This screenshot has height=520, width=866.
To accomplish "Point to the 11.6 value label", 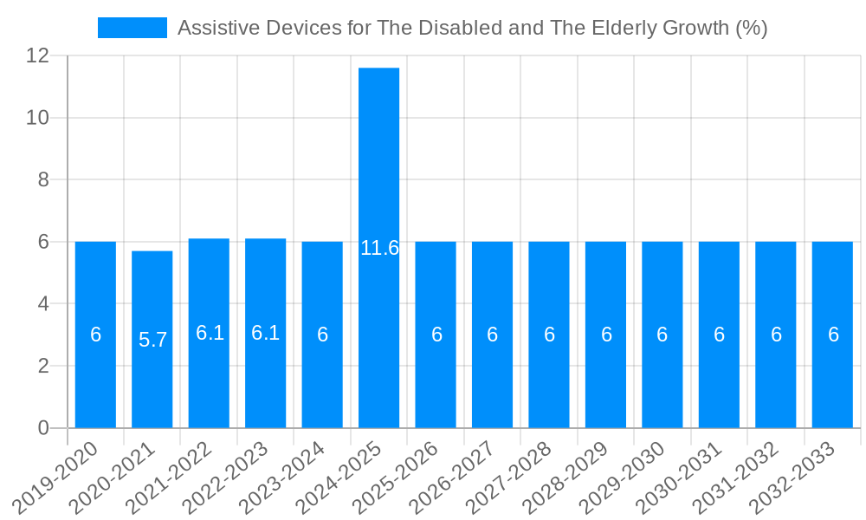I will [x=379, y=248].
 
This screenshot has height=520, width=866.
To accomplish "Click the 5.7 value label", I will [x=152, y=340].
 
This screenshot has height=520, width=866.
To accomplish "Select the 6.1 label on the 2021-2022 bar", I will [x=210, y=333].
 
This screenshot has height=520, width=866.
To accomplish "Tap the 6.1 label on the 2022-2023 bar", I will [x=265, y=333].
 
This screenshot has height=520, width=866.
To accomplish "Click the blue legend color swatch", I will [x=132, y=28].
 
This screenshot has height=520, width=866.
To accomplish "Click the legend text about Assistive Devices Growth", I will [x=472, y=28].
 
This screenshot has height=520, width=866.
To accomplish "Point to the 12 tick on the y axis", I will [x=38, y=55].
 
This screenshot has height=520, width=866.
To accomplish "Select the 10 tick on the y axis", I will [x=38, y=118].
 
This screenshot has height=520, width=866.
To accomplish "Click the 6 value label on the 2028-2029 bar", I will [x=606, y=335].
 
